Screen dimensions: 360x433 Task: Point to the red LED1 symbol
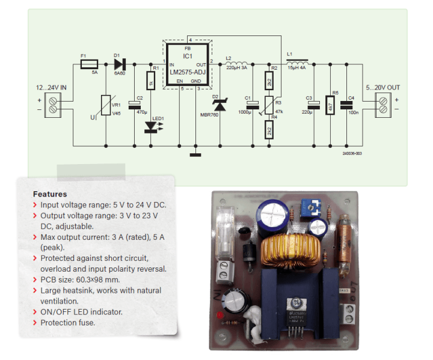pos(150,127)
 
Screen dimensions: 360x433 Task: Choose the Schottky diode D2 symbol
pos(219,105)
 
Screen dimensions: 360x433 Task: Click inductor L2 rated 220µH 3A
pos(237,63)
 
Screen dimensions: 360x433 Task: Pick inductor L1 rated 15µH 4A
pos(298,62)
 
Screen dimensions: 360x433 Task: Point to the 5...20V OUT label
pos(382,88)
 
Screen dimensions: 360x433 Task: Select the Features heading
pos(50,194)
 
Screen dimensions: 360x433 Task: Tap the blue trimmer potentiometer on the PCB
pos(310,209)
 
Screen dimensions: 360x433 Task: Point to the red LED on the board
pos(223,314)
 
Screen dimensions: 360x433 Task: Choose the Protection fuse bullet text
pos(68,323)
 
